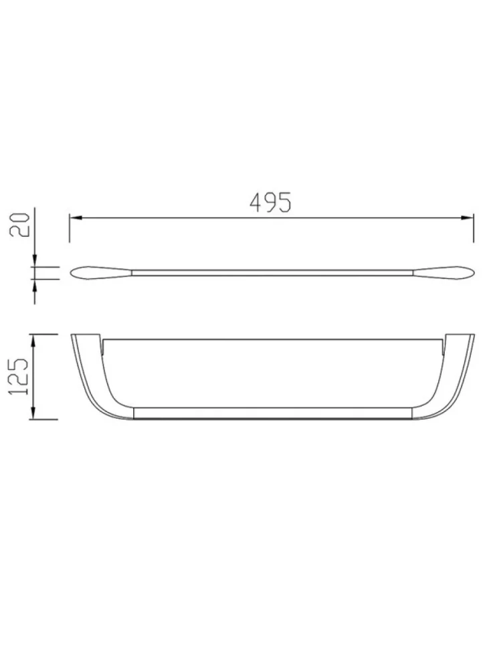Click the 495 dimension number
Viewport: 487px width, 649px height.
point(271,202)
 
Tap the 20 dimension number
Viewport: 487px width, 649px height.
point(19,225)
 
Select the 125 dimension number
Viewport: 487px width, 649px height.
point(19,376)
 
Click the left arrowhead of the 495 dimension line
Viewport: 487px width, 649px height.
point(75,217)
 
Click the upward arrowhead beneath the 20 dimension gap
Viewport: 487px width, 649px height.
point(35,284)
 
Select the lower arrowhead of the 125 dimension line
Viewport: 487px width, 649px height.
point(33,413)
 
